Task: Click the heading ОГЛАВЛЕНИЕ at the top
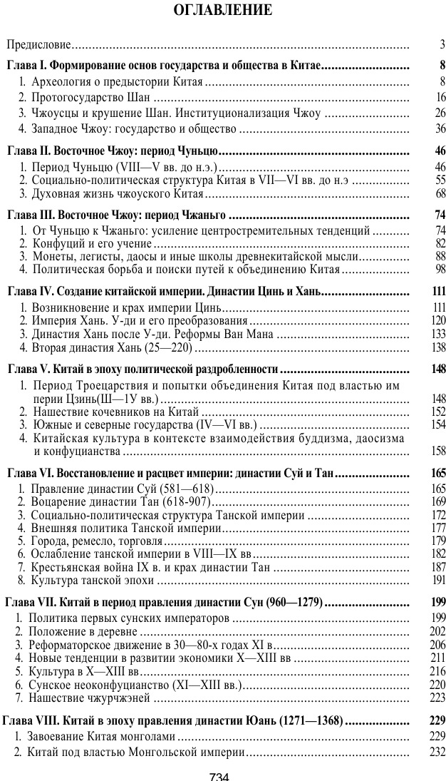pyautogui.click(x=222, y=11)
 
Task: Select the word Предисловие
pyautogui.click(x=38, y=46)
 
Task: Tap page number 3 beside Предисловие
pyautogui.click(x=442, y=46)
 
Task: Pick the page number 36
pyautogui.click(x=440, y=129)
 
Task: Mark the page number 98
pyautogui.click(x=440, y=270)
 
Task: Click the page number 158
pyautogui.click(x=437, y=451)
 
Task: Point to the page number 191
pyautogui.click(x=437, y=580)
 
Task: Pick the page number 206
pyautogui.click(x=437, y=644)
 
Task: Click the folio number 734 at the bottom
pyautogui.click(x=218, y=775)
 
